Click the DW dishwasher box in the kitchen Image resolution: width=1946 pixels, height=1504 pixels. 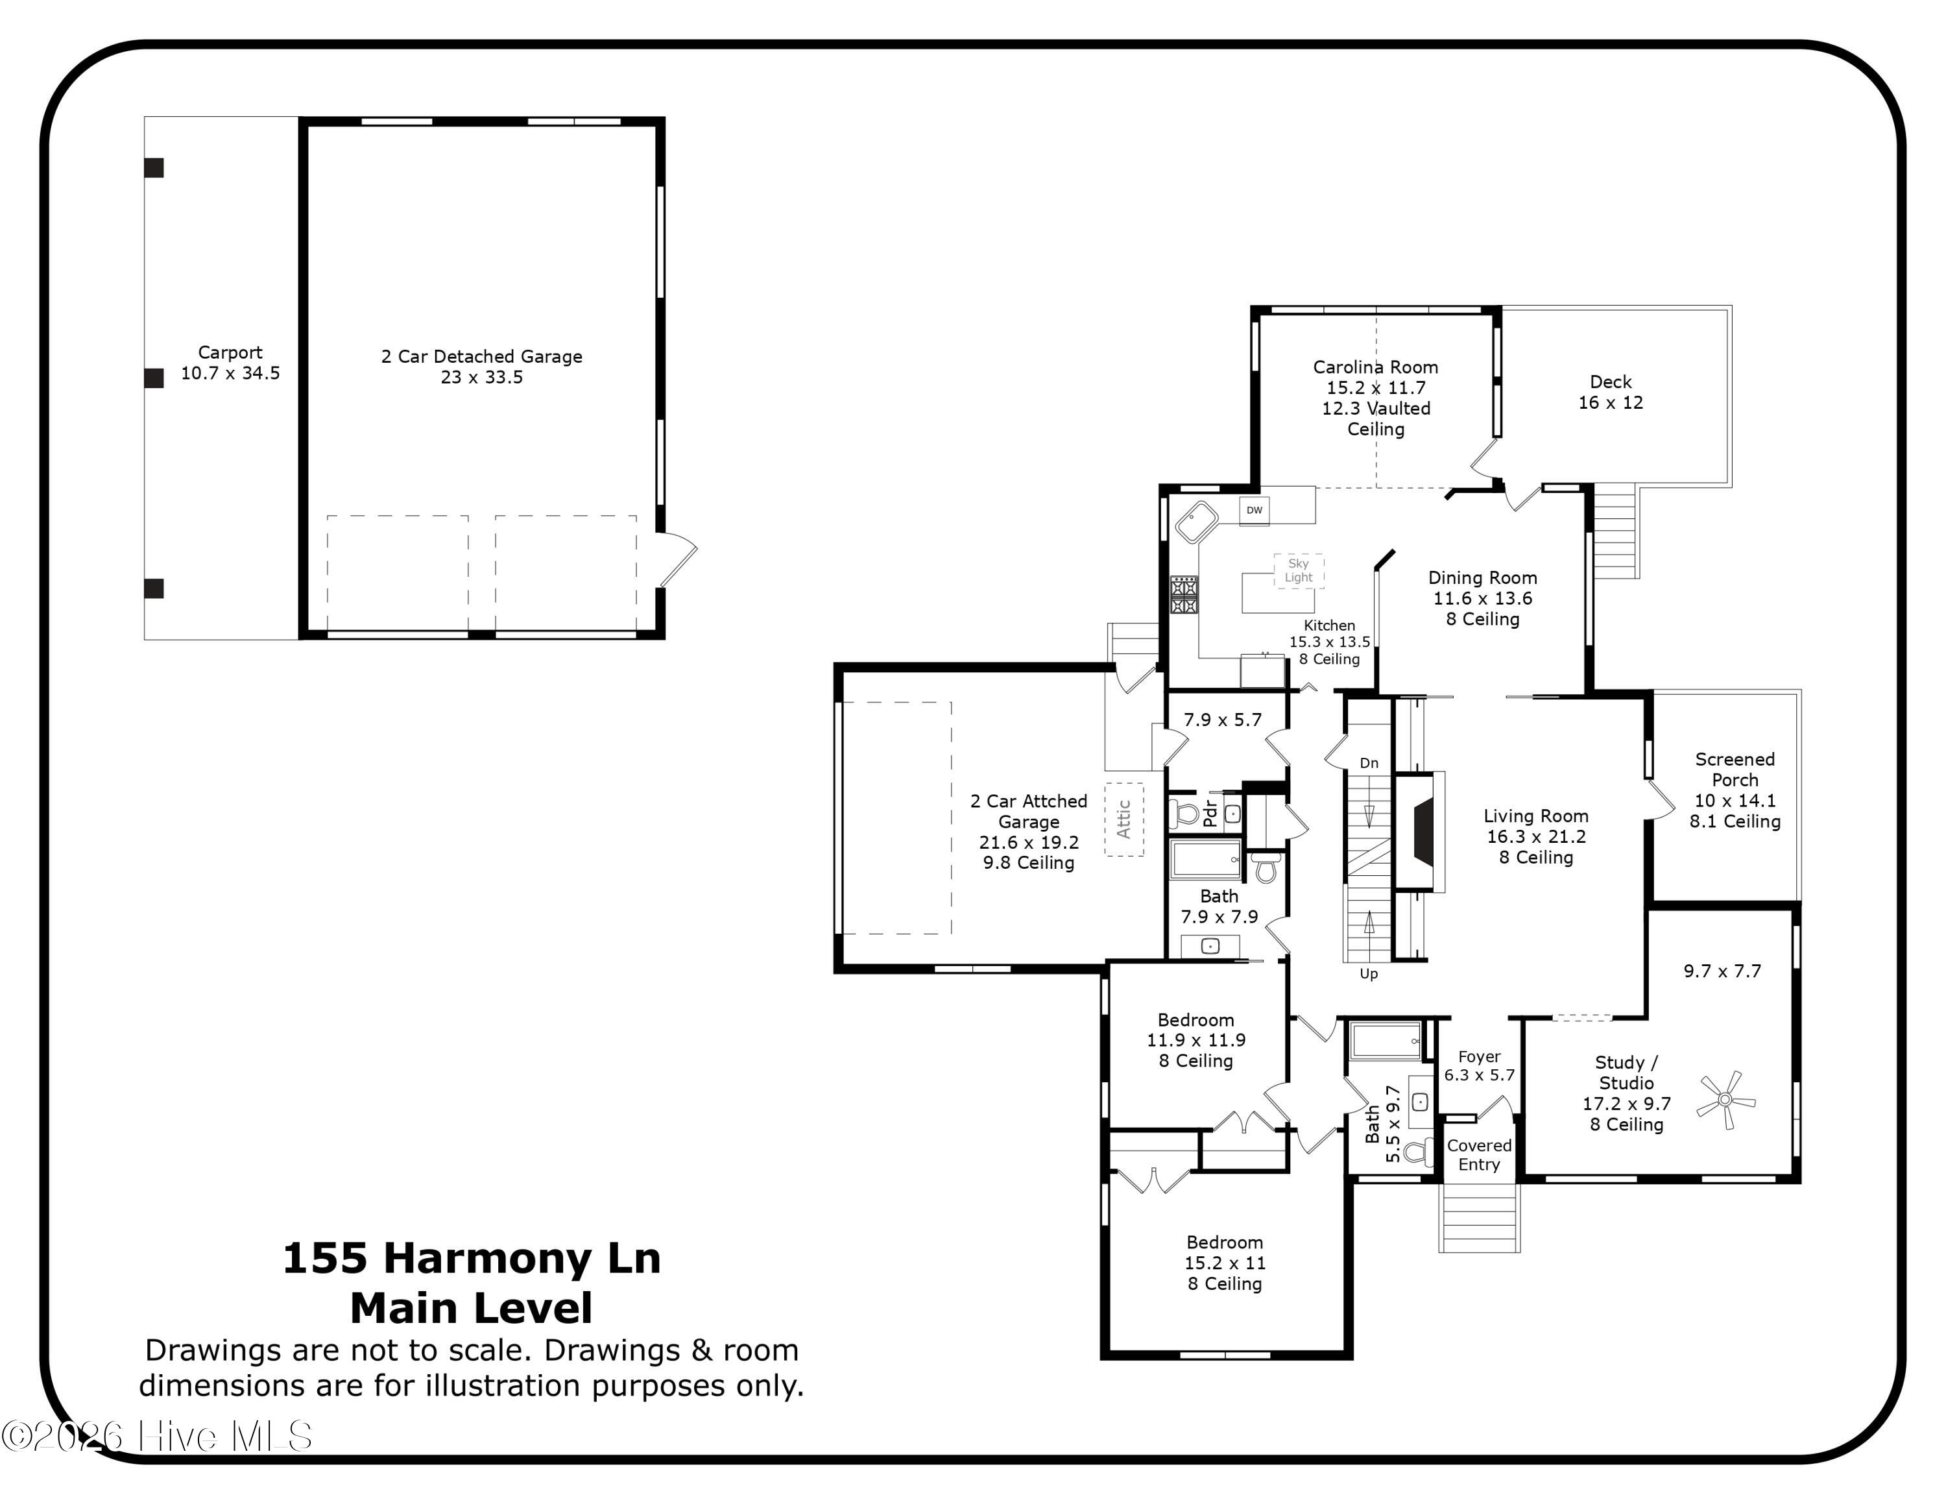(1254, 511)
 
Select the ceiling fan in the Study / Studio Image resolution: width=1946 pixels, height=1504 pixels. (1726, 1100)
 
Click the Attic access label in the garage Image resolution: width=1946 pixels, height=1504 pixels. (1123, 819)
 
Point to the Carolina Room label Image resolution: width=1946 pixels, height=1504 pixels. (1375, 367)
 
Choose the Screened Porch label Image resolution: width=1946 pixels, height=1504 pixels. (1735, 770)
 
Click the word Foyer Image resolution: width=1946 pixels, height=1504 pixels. (1479, 1057)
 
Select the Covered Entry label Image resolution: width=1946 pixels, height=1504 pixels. (1479, 1155)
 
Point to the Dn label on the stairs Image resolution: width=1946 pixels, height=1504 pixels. (1369, 762)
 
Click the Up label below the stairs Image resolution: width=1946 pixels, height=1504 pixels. (1369, 974)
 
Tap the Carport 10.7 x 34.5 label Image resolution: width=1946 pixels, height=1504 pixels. (230, 363)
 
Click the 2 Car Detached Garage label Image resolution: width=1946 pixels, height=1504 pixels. (482, 356)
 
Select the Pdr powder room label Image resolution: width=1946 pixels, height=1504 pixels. (1210, 812)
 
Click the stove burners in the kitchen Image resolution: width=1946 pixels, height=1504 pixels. (1184, 595)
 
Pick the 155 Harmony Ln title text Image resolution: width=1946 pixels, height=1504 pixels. (472, 1258)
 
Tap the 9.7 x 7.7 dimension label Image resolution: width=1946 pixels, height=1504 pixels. (1722, 971)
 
